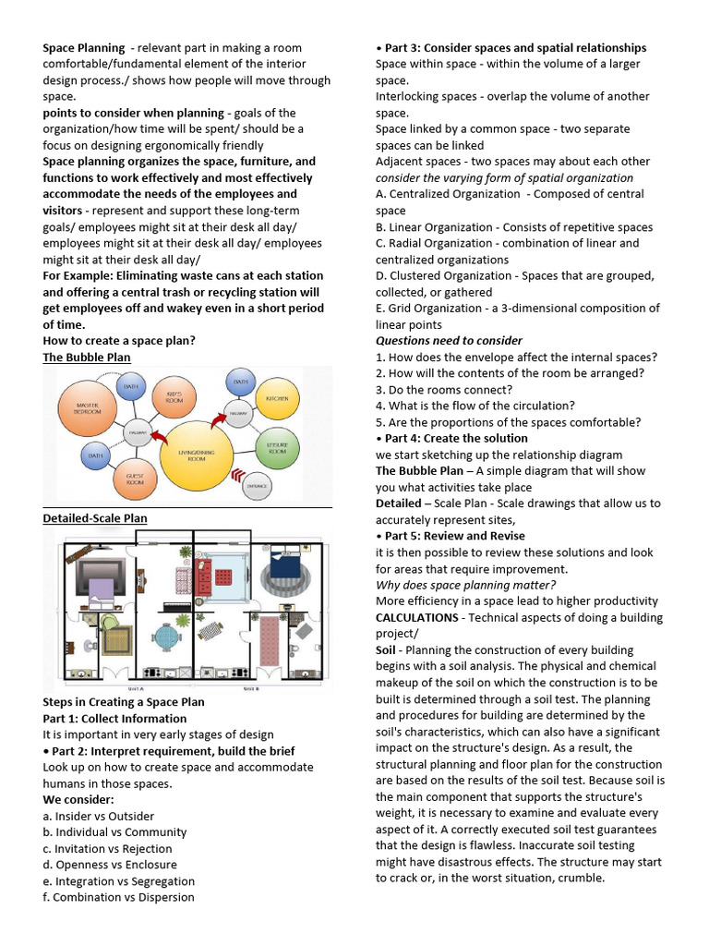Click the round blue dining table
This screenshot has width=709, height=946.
click(x=167, y=637)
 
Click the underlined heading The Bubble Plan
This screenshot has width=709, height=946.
click(x=87, y=357)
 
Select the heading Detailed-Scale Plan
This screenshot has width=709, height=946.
click(x=95, y=518)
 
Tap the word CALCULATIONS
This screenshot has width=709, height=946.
click(x=416, y=617)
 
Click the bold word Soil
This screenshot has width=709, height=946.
click(x=386, y=649)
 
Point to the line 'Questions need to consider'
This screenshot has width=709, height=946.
click(x=449, y=341)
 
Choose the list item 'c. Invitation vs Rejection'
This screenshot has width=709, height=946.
click(x=107, y=848)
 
